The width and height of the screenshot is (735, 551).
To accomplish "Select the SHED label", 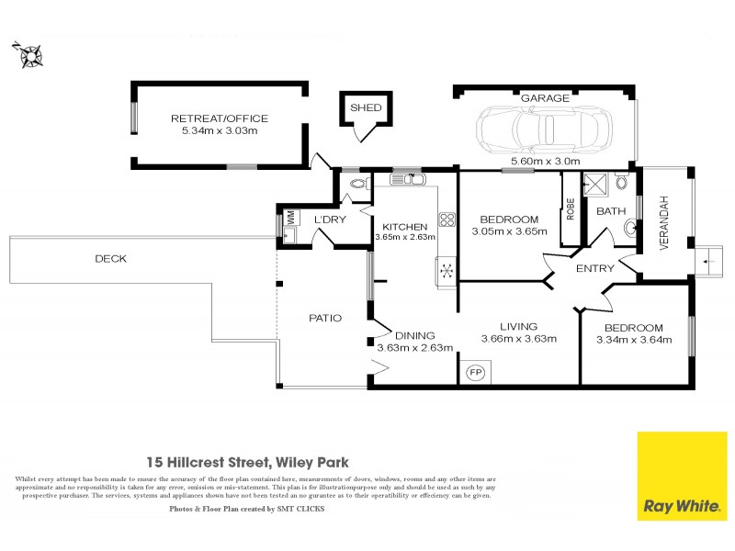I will pyautogui.click(x=366, y=108).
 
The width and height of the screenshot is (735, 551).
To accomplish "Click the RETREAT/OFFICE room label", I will pyautogui.click(x=219, y=118).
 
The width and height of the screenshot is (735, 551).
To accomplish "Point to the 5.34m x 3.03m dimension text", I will pyautogui.click(x=219, y=131).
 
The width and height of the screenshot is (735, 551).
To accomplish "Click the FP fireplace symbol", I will pyautogui.click(x=475, y=372).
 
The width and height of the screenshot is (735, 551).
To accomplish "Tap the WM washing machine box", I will pyautogui.click(x=289, y=219).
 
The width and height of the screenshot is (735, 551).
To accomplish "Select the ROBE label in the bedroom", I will pyautogui.click(x=570, y=210).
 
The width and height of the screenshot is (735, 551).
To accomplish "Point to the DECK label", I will pyautogui.click(x=110, y=259).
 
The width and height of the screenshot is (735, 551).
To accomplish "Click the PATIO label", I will pyautogui.click(x=325, y=319).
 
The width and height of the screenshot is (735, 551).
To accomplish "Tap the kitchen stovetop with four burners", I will pyautogui.click(x=447, y=219).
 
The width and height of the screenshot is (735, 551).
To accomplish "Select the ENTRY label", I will pyautogui.click(x=594, y=269).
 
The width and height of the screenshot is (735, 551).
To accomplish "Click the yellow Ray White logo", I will pyautogui.click(x=681, y=476).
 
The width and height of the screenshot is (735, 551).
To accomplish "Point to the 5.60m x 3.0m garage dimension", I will pyautogui.click(x=546, y=161).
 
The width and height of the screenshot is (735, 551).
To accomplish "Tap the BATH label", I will pyautogui.click(x=610, y=211).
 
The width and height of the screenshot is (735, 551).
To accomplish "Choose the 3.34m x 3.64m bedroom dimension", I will pyautogui.click(x=634, y=340).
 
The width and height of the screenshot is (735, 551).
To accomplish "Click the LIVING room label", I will pyautogui.click(x=518, y=326).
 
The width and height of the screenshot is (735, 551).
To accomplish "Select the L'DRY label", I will pyautogui.click(x=329, y=220).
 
